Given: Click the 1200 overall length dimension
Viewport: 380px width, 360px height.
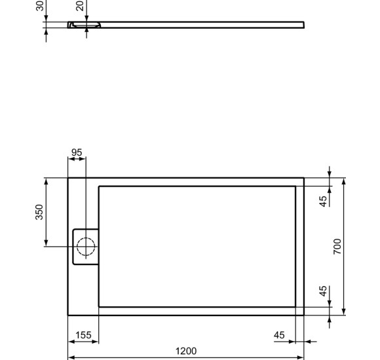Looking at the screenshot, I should click(x=185, y=351).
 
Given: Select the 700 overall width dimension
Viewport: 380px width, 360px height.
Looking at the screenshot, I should click(x=338, y=246).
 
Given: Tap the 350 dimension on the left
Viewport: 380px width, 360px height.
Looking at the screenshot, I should click(x=39, y=212).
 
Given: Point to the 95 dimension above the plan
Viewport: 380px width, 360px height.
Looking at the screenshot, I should click(x=77, y=153).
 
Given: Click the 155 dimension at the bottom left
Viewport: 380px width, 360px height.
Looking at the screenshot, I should click(x=83, y=335).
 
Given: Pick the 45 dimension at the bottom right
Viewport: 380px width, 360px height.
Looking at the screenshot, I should click(x=280, y=335).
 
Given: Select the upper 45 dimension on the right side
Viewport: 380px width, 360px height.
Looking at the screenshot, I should click(x=323, y=201).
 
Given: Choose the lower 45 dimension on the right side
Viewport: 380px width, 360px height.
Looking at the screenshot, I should click(x=323, y=291).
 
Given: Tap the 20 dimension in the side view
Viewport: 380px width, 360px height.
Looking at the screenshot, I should click(x=79, y=6).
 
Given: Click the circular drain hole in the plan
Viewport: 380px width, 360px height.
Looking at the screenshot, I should click(x=86, y=247).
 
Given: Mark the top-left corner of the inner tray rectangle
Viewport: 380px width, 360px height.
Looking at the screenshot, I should click(x=99, y=187).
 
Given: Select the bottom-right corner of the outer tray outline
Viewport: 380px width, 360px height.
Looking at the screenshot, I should click(x=304, y=315).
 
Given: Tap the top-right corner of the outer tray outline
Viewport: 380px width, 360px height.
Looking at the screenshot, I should click(x=304, y=177).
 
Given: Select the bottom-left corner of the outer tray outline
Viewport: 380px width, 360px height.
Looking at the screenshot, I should click(x=68, y=315).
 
